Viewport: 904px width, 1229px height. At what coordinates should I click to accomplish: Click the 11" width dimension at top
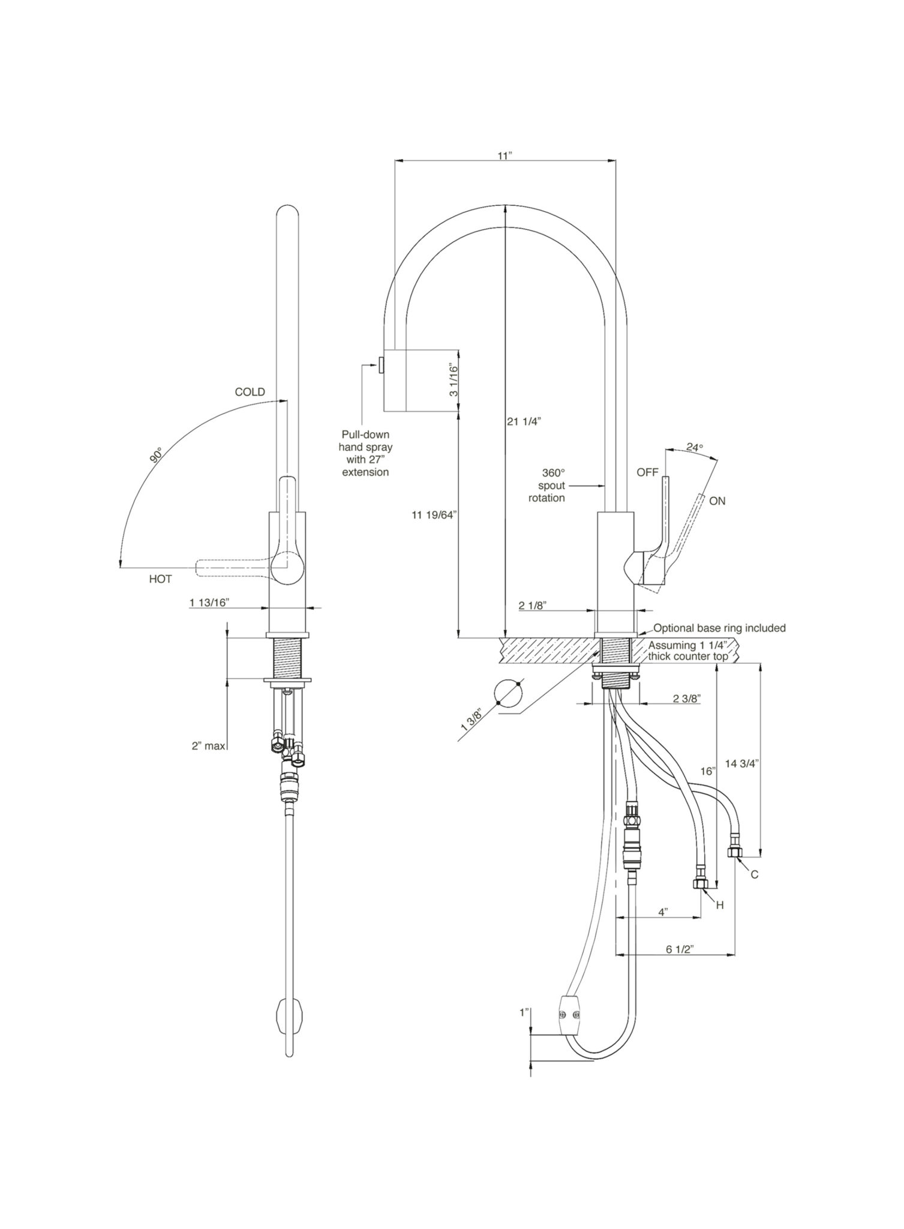(504, 155)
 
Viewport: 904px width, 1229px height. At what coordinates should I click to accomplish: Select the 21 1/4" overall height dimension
(524, 421)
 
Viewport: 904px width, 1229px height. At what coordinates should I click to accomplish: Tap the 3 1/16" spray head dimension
(453, 380)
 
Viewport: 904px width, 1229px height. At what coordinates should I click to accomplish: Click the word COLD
(250, 392)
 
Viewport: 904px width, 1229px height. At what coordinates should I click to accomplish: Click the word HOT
(160, 579)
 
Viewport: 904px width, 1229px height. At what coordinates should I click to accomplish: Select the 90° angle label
(157, 455)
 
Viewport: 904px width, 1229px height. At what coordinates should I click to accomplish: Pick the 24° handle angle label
(694, 447)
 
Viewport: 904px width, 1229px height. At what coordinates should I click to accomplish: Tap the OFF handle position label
(647, 472)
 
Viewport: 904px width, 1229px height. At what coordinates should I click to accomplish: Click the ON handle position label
(717, 500)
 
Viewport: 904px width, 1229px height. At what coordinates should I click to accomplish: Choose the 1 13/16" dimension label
(209, 602)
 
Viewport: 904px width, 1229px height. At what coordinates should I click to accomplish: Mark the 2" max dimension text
(208, 746)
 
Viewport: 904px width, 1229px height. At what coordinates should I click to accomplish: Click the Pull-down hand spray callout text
(365, 453)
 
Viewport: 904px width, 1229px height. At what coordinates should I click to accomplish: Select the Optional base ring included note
(719, 628)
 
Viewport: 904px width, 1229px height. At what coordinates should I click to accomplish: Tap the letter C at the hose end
(754, 875)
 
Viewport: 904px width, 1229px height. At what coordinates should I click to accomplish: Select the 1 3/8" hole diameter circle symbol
(507, 695)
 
